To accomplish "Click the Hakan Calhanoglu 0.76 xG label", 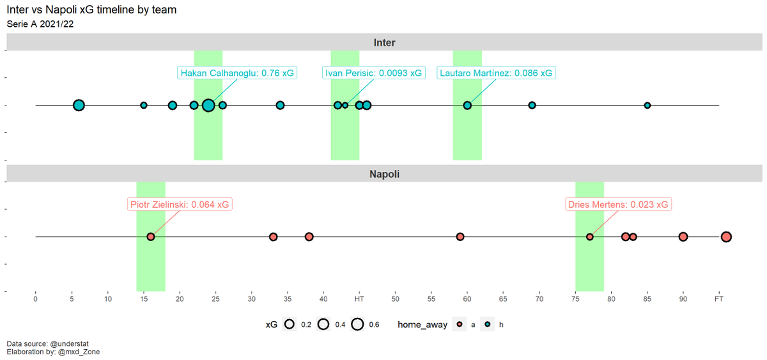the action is (x=237, y=73).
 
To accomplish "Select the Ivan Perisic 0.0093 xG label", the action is (x=373, y=73).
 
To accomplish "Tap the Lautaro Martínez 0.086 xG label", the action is (x=496, y=73).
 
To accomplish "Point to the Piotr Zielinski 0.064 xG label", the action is (x=180, y=205).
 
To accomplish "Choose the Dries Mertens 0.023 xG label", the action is (x=618, y=205).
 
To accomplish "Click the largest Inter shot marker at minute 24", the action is (x=208, y=105).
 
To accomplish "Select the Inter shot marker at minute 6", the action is (x=79, y=105).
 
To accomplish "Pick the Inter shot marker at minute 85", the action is (x=647, y=106).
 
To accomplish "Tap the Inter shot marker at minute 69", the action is (x=532, y=105).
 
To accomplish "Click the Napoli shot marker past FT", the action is (x=726, y=237).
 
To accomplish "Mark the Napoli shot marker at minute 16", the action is (x=151, y=237).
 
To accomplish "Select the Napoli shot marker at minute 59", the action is (x=460, y=237).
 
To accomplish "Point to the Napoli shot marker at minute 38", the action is (x=309, y=237).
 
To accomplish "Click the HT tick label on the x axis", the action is (x=359, y=299).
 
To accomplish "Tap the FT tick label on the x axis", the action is (x=718, y=299).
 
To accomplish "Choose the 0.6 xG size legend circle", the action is (x=357, y=324).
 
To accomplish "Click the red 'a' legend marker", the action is (x=460, y=324).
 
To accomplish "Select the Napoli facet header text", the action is (x=384, y=174).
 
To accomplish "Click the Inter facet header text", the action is (x=384, y=42).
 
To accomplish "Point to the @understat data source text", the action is (x=69, y=343).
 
